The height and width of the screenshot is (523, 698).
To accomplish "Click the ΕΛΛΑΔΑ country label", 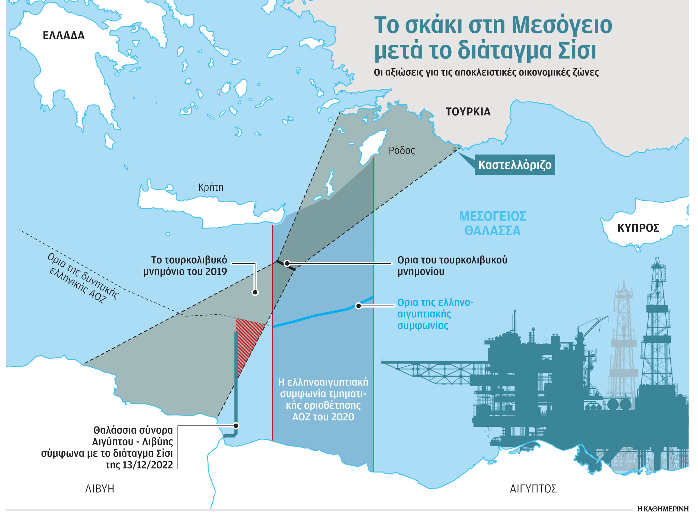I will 63,35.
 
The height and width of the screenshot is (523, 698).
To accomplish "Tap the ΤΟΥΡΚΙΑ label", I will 468,112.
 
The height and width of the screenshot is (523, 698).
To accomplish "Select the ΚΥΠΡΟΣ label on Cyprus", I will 638,228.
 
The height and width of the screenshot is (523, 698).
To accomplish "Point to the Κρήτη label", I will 211,187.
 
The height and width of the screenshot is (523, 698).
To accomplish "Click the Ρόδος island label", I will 401,150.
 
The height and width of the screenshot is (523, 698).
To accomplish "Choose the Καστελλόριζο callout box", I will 515,165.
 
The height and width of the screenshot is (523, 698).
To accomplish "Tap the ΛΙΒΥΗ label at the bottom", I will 100,489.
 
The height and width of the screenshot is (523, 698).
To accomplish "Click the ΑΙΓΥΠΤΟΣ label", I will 533,489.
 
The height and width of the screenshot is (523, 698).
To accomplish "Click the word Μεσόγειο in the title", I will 562,26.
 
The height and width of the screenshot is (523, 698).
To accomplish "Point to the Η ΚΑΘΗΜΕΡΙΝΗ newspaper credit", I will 663,519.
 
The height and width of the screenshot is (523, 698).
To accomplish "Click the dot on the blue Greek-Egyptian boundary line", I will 358,306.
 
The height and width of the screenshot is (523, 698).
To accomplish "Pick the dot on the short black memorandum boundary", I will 287,263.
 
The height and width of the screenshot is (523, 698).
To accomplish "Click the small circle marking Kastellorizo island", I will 454,149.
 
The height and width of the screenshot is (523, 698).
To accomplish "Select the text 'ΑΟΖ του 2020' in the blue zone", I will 323,417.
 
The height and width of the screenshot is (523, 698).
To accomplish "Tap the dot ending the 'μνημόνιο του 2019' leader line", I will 255,292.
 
